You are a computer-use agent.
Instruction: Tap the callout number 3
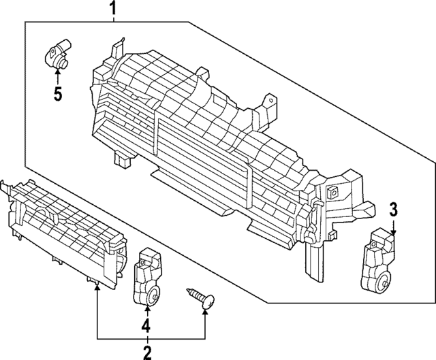coord(394,209)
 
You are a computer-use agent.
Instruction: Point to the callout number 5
coord(58,93)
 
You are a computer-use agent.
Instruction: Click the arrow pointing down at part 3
coord(394,228)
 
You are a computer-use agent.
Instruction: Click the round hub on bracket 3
coord(386,279)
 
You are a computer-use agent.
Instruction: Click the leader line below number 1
coord(113,18)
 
